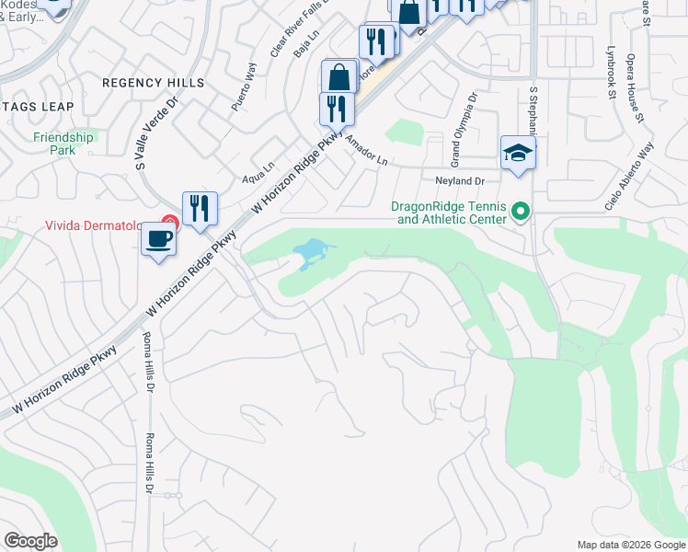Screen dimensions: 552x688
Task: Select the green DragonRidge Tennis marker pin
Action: click(520, 213)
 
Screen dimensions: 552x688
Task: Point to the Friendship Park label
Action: click(63, 143)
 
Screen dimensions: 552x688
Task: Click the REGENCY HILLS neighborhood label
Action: click(154, 83)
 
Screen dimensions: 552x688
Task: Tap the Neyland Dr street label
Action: click(459, 182)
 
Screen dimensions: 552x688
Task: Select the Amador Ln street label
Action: click(366, 150)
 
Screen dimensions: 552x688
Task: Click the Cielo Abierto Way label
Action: click(629, 177)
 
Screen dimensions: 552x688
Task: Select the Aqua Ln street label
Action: click(258, 173)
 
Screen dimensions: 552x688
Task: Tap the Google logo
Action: click(30, 541)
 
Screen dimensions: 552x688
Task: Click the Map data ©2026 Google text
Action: click(630, 545)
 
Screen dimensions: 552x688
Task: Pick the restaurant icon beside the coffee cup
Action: click(200, 208)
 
